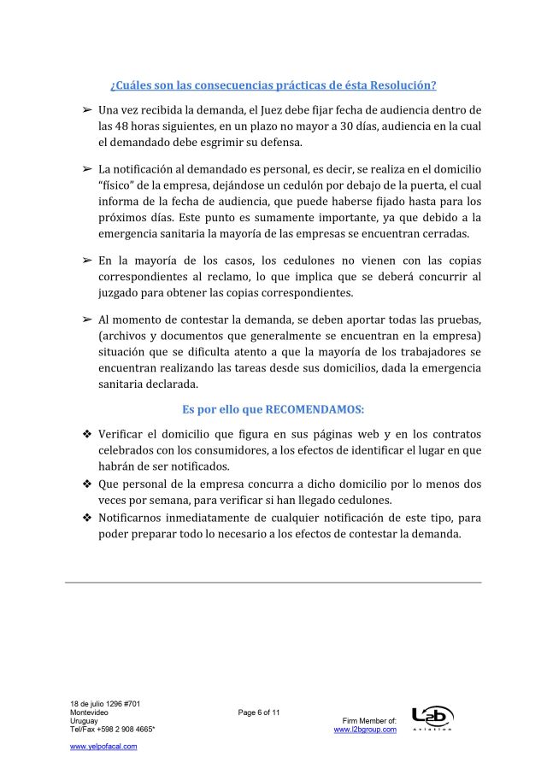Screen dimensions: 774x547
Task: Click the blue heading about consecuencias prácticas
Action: [x=273, y=85]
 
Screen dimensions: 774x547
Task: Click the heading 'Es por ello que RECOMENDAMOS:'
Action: [x=273, y=408]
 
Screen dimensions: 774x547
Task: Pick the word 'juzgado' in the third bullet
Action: [x=122, y=293]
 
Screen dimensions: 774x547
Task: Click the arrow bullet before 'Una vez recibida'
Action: [x=86, y=110]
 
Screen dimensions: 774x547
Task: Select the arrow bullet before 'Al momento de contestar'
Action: [x=86, y=319]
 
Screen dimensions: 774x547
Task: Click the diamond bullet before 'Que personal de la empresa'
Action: [x=86, y=483]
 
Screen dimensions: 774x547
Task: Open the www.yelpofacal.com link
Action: [x=103, y=746]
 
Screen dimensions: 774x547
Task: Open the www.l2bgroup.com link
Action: [x=365, y=730]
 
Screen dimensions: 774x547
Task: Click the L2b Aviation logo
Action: [x=432, y=718]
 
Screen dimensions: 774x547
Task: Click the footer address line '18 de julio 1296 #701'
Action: [x=105, y=704]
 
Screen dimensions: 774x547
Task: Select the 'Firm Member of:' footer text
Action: [x=369, y=721]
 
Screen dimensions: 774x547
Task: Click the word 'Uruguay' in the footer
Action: [x=84, y=721]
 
